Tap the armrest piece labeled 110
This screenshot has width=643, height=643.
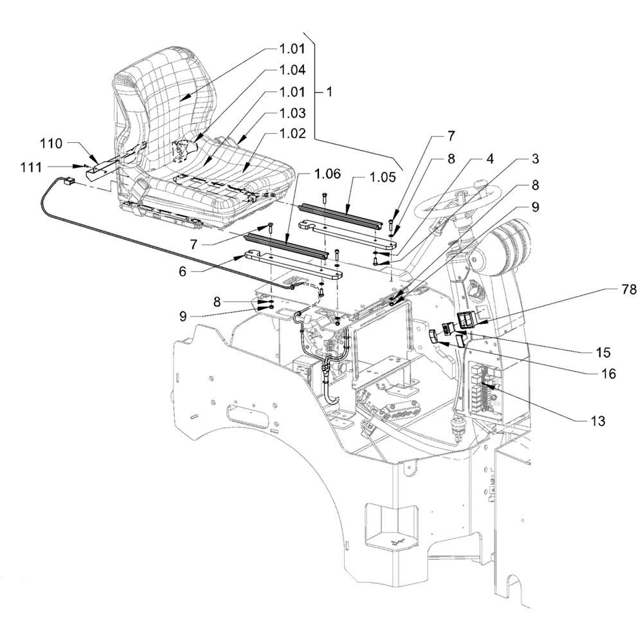pos(103,168)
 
